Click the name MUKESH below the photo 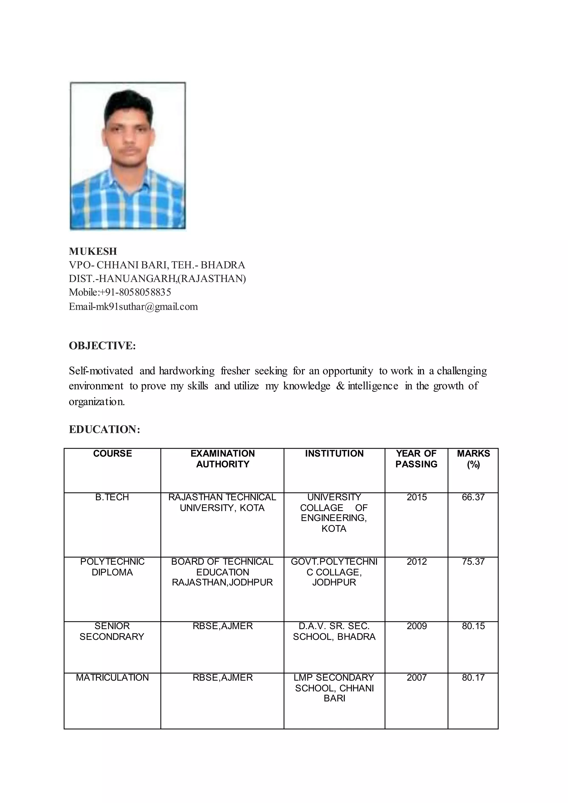pyautogui.click(x=93, y=251)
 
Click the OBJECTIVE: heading pyautogui.click(x=102, y=345)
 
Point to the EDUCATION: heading pyautogui.click(x=104, y=430)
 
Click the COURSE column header pyautogui.click(x=112, y=454)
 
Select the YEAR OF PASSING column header pyautogui.click(x=416, y=459)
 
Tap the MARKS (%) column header pyautogui.click(x=473, y=459)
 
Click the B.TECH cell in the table pyautogui.click(x=112, y=497)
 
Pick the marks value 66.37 pyautogui.click(x=473, y=497)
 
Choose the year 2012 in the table pyautogui.click(x=417, y=562)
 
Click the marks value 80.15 pyautogui.click(x=473, y=626)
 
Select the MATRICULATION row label pyautogui.click(x=112, y=677)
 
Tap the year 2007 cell pyautogui.click(x=417, y=677)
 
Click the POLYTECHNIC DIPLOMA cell pyautogui.click(x=112, y=567)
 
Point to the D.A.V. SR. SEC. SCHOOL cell pyautogui.click(x=334, y=631)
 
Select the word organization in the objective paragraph pyautogui.click(x=97, y=402)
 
